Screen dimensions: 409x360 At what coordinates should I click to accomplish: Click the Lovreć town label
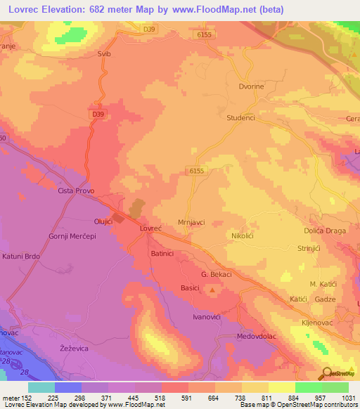click(x=151, y=229)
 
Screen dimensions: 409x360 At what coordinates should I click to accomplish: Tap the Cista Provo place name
click(x=76, y=191)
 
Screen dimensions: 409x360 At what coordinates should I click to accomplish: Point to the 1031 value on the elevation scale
click(x=349, y=397)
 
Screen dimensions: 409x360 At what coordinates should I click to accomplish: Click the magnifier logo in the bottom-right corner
click(x=325, y=373)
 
